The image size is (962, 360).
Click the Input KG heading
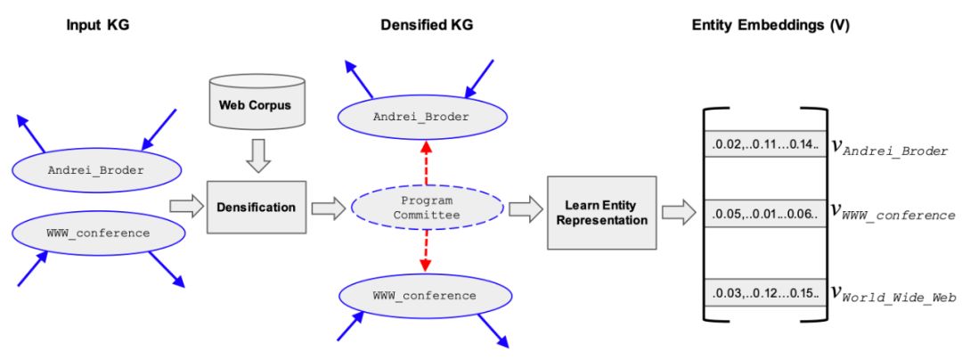click(98, 26)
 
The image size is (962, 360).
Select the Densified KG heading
click(426, 26)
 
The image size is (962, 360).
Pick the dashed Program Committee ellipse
click(427, 208)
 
